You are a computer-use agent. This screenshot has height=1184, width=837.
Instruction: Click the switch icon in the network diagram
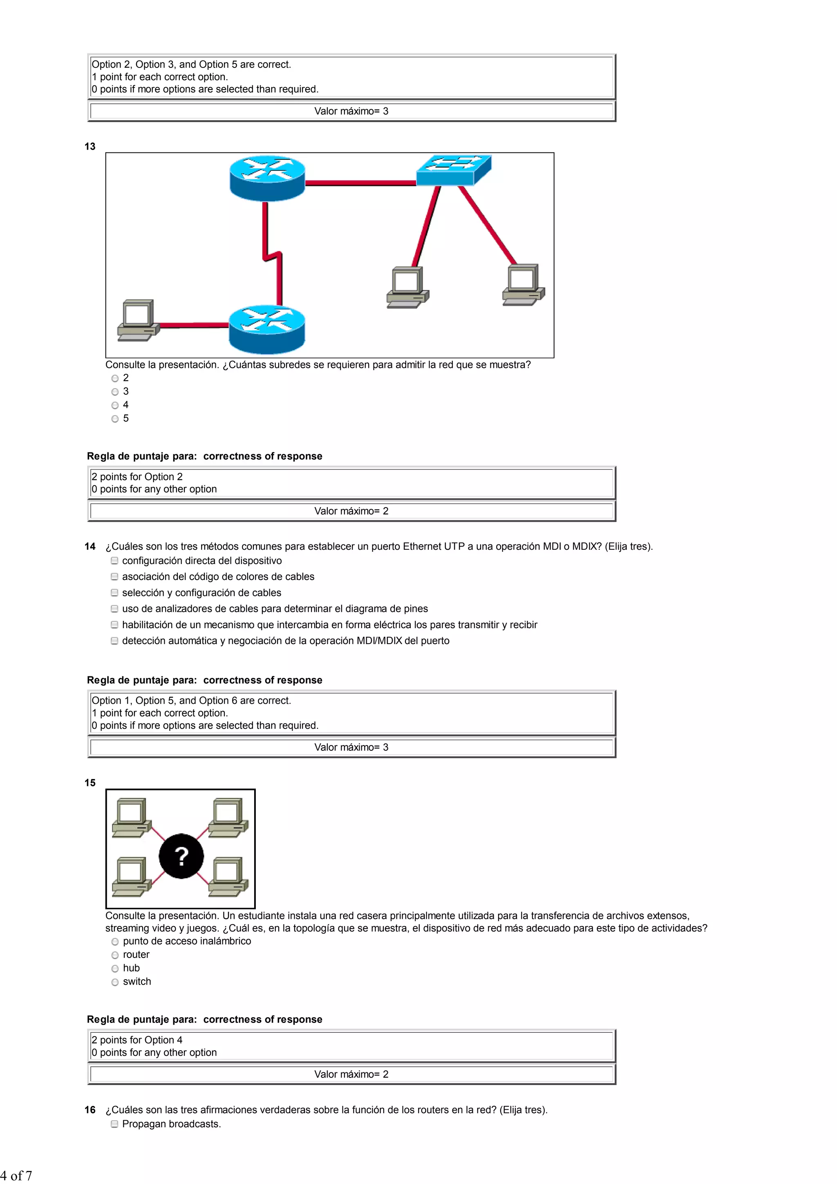tap(453, 170)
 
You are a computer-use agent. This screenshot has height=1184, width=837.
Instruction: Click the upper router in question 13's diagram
tap(267, 178)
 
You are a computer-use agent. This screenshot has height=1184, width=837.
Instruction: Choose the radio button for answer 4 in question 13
tap(115, 405)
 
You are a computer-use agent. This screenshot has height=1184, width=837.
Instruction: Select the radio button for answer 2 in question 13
tap(115, 378)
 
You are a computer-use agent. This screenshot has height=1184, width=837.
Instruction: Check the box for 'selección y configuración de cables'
tap(114, 593)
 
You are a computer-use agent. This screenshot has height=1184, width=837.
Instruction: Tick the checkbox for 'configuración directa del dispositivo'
tap(114, 561)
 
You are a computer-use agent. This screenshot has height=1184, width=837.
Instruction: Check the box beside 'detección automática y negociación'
tap(114, 641)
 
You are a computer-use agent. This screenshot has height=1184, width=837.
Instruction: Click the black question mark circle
tap(181, 856)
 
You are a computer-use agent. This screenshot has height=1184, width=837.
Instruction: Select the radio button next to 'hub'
tap(115, 969)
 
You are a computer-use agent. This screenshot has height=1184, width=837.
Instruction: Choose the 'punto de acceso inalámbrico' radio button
tap(115, 942)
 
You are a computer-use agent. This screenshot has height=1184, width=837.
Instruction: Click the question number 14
tap(90, 546)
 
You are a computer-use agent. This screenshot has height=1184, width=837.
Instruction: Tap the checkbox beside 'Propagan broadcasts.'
tap(114, 1124)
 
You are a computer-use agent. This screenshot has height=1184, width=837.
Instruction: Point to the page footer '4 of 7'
tap(16, 1176)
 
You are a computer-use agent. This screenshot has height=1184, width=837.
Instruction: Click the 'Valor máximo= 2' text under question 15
tap(351, 1074)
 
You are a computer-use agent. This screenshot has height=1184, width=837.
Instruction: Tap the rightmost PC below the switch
tap(523, 284)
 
